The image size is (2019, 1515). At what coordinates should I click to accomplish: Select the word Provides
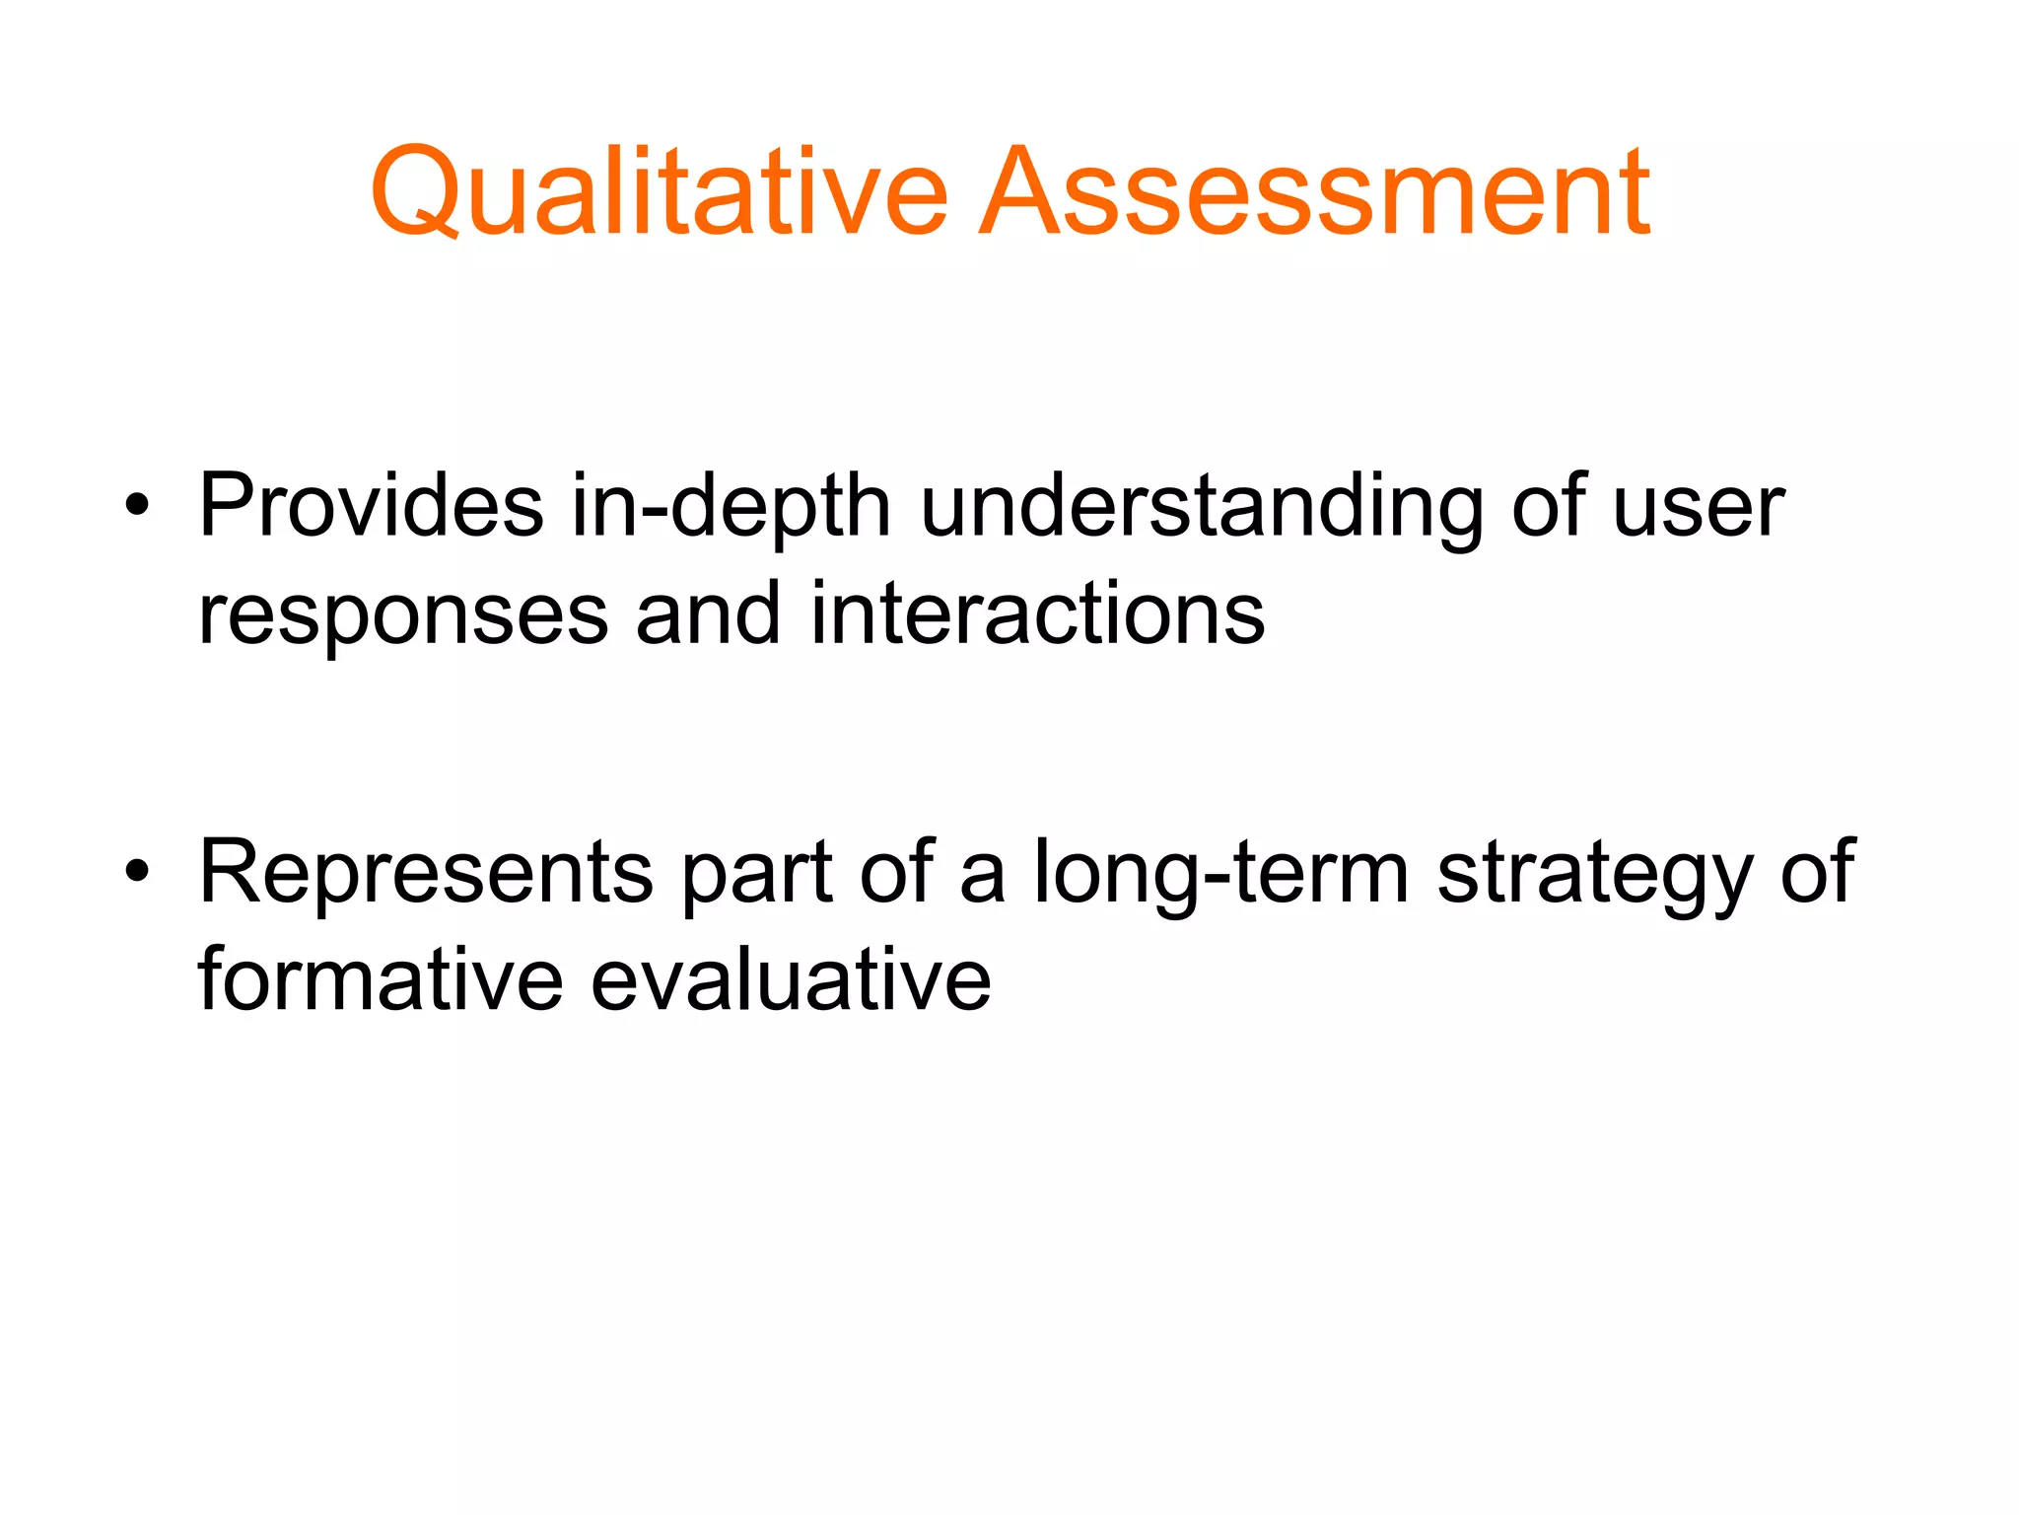coord(371,505)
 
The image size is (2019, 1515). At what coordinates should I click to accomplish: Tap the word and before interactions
coord(708,613)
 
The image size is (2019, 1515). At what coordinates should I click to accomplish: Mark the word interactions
coord(1037,613)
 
